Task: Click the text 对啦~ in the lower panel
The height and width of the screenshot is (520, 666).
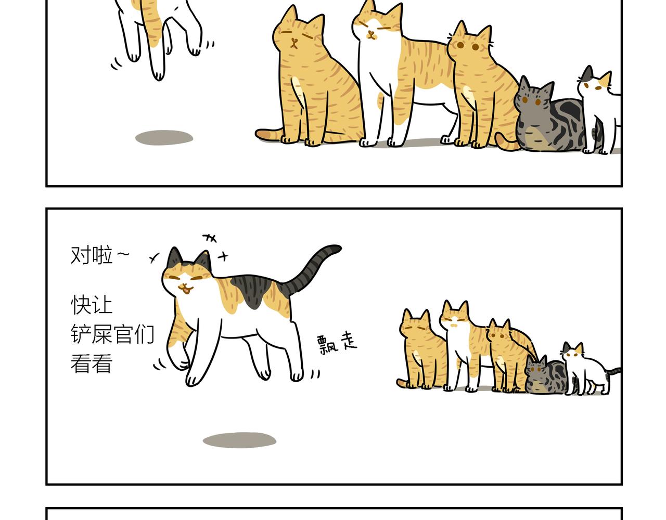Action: point(99,255)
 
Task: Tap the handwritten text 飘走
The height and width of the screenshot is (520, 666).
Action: point(337,344)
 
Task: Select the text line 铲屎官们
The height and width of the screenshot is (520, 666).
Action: point(112,334)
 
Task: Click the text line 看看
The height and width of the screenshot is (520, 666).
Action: point(92,363)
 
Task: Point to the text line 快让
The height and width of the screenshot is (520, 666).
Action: point(92,305)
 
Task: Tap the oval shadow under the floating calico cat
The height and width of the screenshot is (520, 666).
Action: point(239,440)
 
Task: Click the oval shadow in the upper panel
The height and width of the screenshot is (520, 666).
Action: point(164,138)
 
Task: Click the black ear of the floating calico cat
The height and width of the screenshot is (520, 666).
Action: point(175,258)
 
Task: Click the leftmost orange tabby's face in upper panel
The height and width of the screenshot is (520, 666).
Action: point(295,39)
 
